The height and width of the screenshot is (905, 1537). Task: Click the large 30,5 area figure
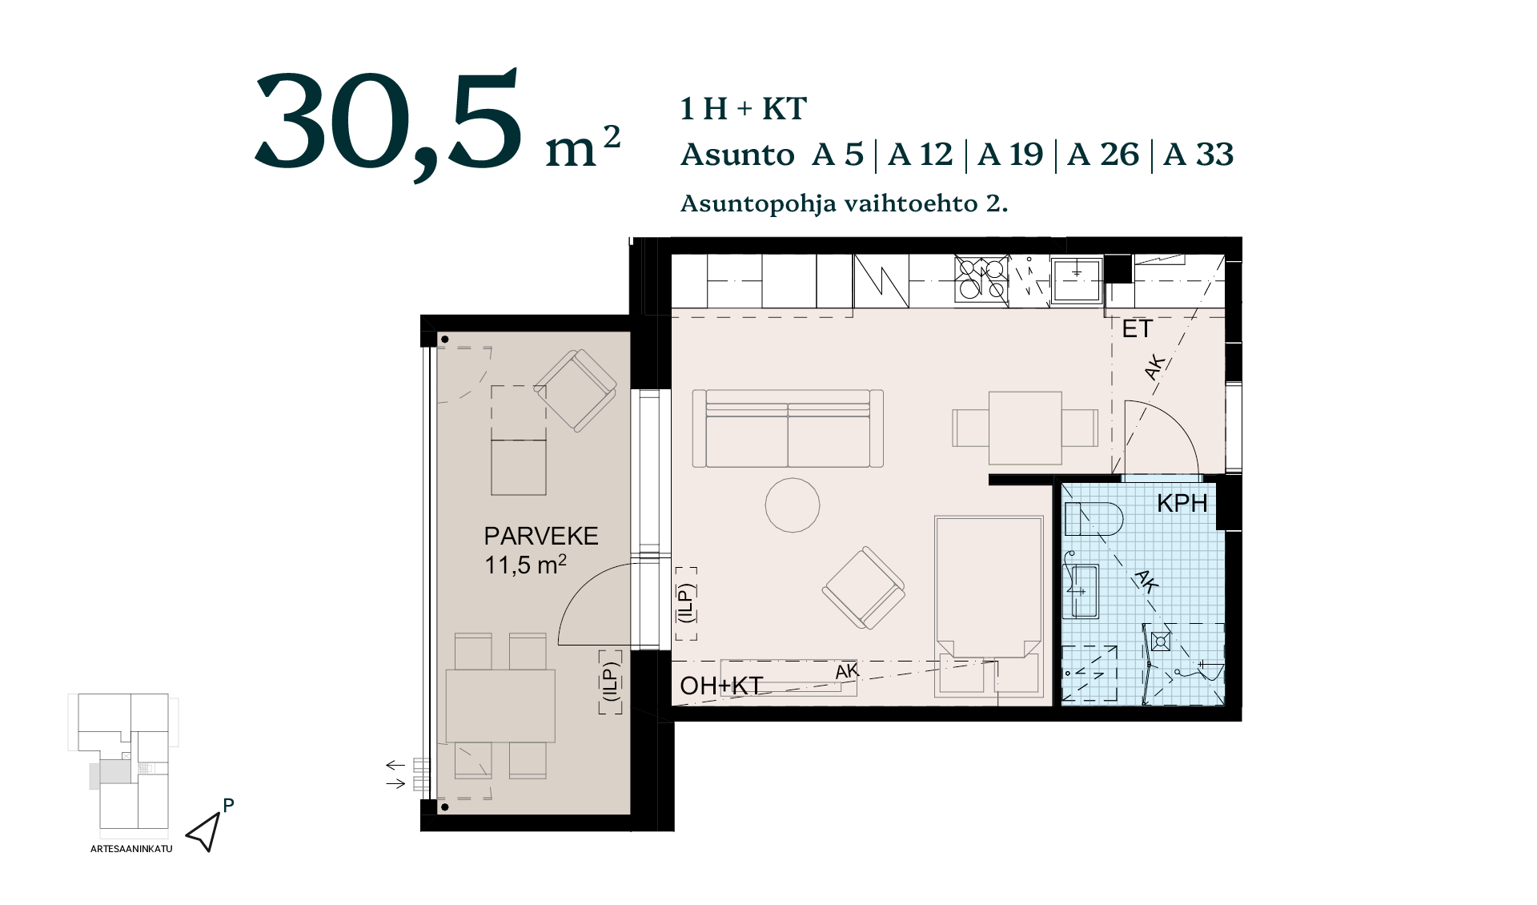[388, 124]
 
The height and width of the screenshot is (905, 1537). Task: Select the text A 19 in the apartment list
[1010, 155]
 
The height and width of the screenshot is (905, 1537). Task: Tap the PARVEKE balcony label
[541, 536]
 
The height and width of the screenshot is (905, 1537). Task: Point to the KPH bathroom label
[1182, 504]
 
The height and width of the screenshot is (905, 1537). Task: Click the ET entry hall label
[1137, 328]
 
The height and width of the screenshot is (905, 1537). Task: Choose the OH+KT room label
[720, 686]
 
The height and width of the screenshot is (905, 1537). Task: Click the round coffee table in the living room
[793, 505]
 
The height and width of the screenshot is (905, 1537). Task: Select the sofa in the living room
[788, 428]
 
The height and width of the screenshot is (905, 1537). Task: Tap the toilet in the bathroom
[1094, 519]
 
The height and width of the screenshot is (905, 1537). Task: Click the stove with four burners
[981, 279]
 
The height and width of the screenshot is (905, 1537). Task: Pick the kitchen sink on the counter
[1076, 280]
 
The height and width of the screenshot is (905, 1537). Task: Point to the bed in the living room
[989, 606]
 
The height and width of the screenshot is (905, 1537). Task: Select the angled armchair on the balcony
[575, 391]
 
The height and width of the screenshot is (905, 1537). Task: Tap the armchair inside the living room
[864, 588]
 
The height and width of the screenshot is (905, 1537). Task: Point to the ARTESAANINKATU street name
[131, 849]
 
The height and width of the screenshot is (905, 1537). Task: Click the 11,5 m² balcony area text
[525, 565]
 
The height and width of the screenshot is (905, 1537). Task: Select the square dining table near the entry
[1025, 428]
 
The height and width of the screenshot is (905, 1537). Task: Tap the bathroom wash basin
[1081, 591]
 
